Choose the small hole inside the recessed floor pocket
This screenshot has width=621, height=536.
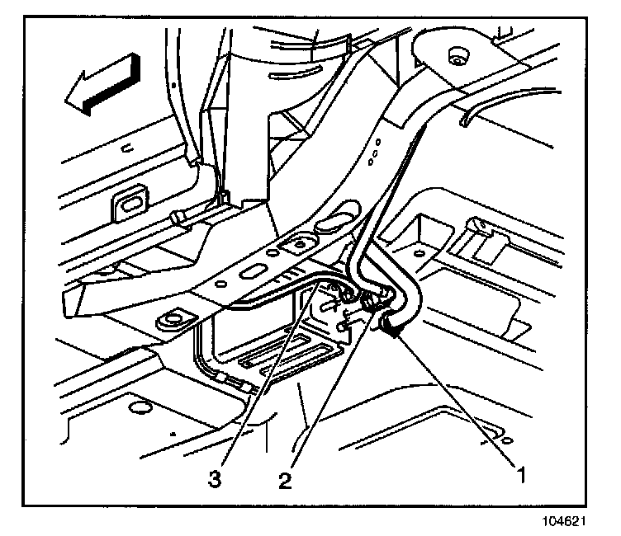[421, 251]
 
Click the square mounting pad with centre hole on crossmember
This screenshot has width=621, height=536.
[295, 244]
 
